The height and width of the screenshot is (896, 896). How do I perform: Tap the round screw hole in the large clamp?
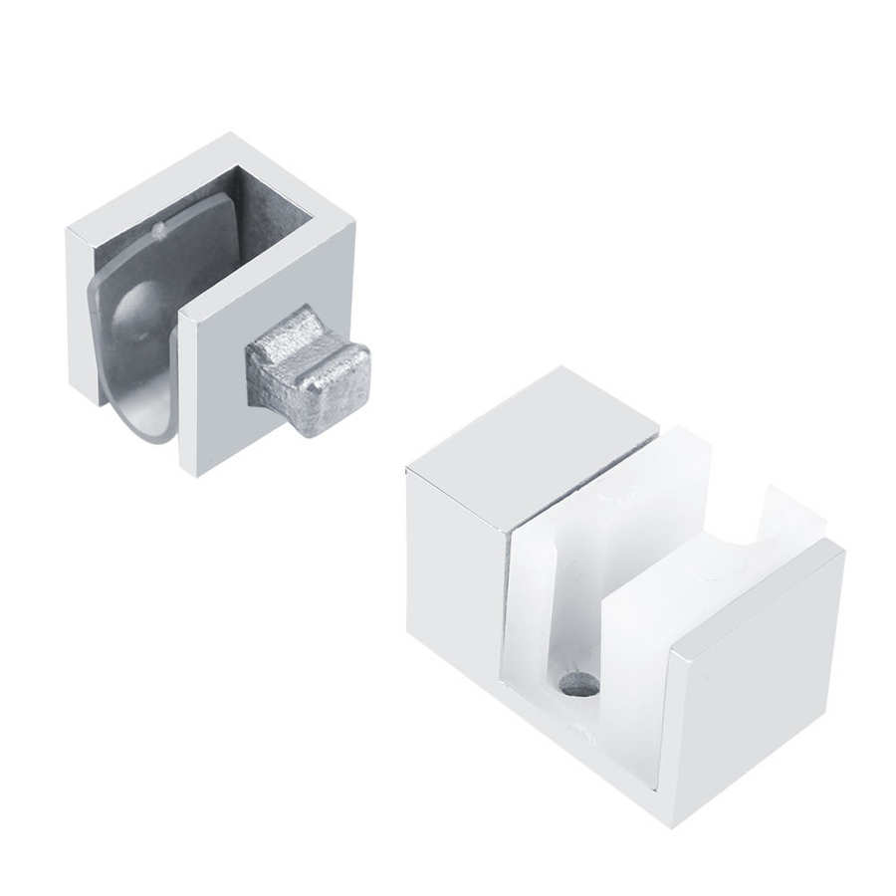[579, 685]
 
